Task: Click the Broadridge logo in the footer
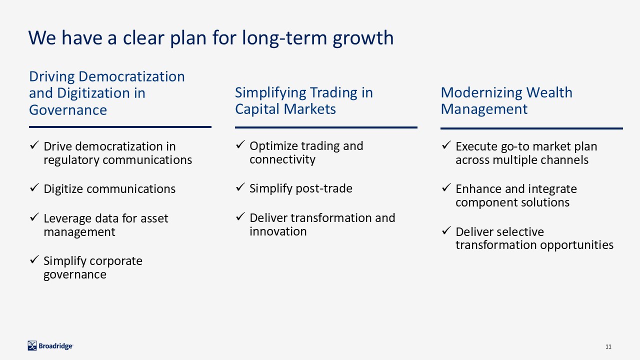[x=50, y=345]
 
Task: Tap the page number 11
[x=608, y=346]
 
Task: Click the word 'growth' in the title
[x=363, y=38]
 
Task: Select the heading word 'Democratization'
[x=131, y=76]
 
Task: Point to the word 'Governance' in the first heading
[x=68, y=110]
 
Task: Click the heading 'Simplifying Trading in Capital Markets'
[x=304, y=100]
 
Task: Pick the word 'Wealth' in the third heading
[x=549, y=92]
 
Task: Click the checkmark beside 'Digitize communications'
[x=34, y=187]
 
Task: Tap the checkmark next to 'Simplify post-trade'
[x=240, y=187]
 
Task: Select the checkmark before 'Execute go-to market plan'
[x=446, y=145]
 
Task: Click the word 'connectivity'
[x=282, y=159]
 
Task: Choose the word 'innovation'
[x=278, y=231]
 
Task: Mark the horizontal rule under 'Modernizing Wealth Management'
[x=531, y=128]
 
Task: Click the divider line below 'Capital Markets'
[x=326, y=127]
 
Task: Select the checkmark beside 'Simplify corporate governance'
[x=34, y=259]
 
